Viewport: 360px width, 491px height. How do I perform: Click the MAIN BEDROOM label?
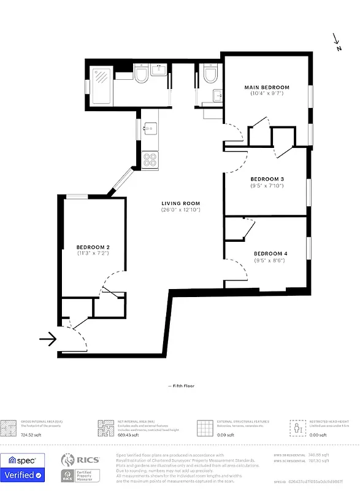[x=266, y=87]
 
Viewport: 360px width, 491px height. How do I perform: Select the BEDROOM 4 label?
[x=270, y=253]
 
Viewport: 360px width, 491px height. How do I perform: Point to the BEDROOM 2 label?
[x=93, y=247]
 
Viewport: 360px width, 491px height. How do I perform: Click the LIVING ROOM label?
[x=181, y=203]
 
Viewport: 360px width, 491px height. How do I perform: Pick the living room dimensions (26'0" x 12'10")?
[x=181, y=210]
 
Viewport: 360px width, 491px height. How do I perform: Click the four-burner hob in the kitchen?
[x=150, y=160]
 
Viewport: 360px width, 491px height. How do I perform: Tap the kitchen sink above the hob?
[x=150, y=128]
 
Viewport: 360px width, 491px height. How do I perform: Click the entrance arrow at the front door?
[x=47, y=338]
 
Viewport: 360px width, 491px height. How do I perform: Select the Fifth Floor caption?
[x=181, y=386]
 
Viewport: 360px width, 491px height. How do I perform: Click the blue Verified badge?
[x=22, y=474]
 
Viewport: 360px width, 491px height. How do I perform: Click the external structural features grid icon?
[x=205, y=427]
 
